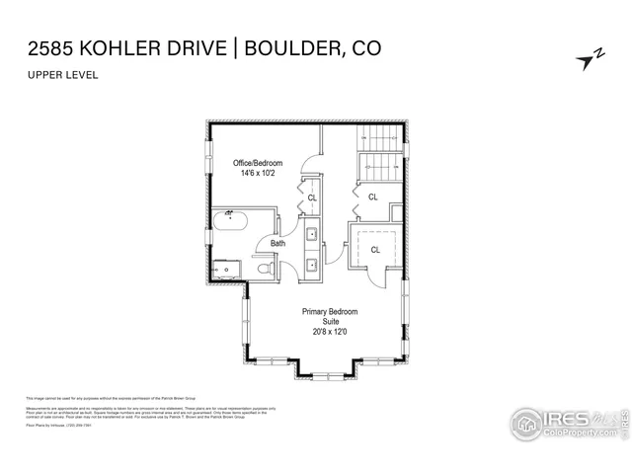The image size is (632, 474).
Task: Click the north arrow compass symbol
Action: (589, 60)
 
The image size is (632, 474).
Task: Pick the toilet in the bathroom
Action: (262, 268)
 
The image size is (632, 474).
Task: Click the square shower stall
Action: (226, 266)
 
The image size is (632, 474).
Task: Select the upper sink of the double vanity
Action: (311, 235)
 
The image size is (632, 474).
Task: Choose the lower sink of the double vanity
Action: (311, 265)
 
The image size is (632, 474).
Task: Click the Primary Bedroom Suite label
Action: (331, 317)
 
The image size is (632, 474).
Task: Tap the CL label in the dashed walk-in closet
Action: (375, 250)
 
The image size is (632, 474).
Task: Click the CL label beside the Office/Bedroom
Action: (312, 197)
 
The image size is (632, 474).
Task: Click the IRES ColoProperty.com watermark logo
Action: (568, 423)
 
